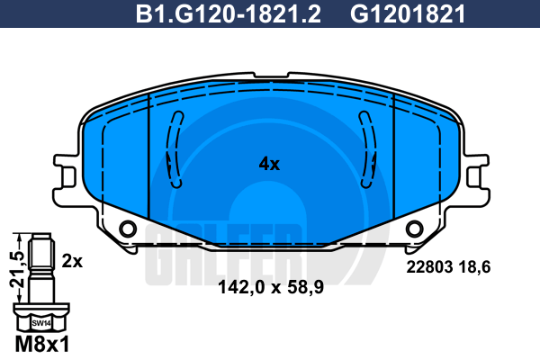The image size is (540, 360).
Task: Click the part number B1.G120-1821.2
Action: click(228, 14)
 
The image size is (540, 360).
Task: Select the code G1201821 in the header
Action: click(408, 14)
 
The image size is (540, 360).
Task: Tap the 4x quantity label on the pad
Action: click(269, 164)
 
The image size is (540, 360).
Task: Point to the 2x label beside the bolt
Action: click(72, 262)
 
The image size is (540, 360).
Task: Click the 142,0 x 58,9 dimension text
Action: click(271, 286)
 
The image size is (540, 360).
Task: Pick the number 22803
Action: click(429, 267)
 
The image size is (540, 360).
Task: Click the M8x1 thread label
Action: click(42, 344)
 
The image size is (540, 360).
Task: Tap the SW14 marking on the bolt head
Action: click(41, 323)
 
